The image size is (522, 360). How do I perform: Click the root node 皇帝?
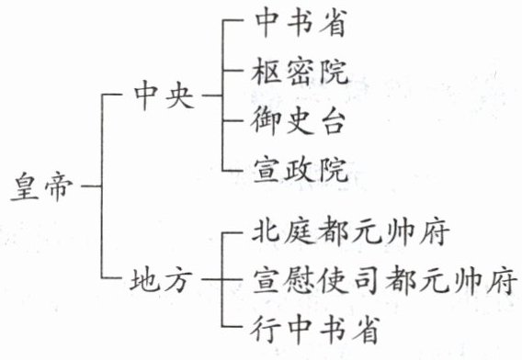(x=41, y=186)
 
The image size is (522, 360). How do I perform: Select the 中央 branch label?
(x=164, y=96)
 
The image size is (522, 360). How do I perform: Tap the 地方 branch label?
(x=162, y=279)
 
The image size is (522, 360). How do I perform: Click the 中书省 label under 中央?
(x=301, y=23)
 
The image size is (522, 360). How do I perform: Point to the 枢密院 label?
(x=300, y=72)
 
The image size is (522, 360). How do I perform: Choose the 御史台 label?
(x=298, y=120)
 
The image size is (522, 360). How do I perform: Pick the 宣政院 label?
(x=301, y=170)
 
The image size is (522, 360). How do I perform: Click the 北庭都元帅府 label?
(x=350, y=231)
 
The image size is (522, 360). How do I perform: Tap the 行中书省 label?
(x=315, y=329)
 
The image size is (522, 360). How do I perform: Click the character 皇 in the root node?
(x=25, y=186)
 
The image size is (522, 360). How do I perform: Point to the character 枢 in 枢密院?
(x=266, y=72)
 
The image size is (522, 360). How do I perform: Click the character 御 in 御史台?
(x=265, y=120)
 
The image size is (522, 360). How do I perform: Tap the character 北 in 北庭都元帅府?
(x=266, y=231)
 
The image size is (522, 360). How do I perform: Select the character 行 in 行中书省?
(x=265, y=329)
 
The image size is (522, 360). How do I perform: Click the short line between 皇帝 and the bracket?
(x=91, y=186)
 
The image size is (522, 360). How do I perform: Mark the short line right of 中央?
(x=212, y=96)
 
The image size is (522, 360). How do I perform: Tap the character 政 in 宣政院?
(x=300, y=170)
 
